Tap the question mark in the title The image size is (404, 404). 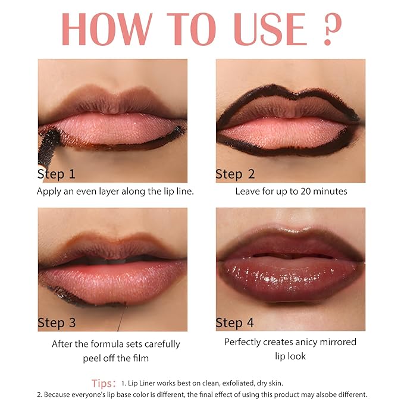333,29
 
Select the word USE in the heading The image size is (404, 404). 270,29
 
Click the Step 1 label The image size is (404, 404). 56,174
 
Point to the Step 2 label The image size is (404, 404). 235,174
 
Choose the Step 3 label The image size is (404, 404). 57,322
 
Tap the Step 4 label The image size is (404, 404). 234,322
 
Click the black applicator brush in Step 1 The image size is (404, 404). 49,147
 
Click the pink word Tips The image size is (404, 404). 102,383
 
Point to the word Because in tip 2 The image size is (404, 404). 57,394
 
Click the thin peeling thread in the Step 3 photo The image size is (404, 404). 122,317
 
